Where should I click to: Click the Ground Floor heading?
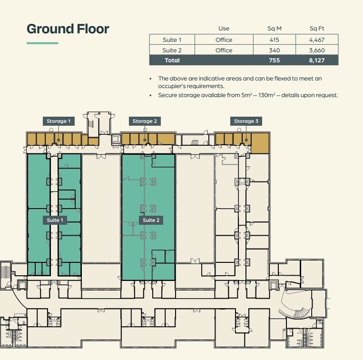68,29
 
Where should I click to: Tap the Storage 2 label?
145,121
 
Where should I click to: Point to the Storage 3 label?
246,121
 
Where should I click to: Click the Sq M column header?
274,29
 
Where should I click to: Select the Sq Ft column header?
317,29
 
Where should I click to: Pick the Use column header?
224,29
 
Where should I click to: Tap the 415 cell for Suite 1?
274,40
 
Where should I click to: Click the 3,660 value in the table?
317,50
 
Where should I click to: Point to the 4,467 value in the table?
317,40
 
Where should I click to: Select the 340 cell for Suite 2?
274,50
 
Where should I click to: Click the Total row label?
172,60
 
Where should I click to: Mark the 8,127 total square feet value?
317,60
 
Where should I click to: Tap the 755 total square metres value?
274,60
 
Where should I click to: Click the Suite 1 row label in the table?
172,40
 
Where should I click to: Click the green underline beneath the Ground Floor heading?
42,43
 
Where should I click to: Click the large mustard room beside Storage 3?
260,143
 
